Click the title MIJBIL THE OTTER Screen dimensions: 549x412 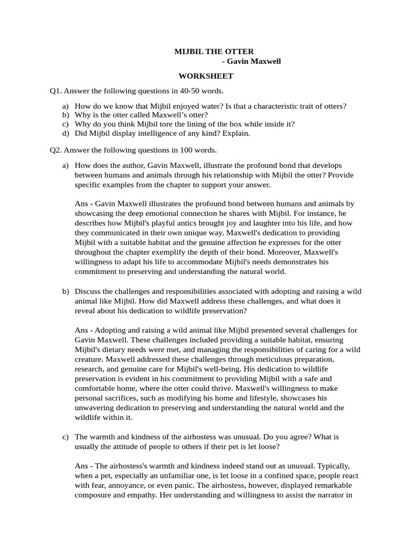[214, 51]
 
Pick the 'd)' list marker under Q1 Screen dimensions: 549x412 [65, 132]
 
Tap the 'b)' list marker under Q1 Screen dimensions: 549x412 [65, 115]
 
